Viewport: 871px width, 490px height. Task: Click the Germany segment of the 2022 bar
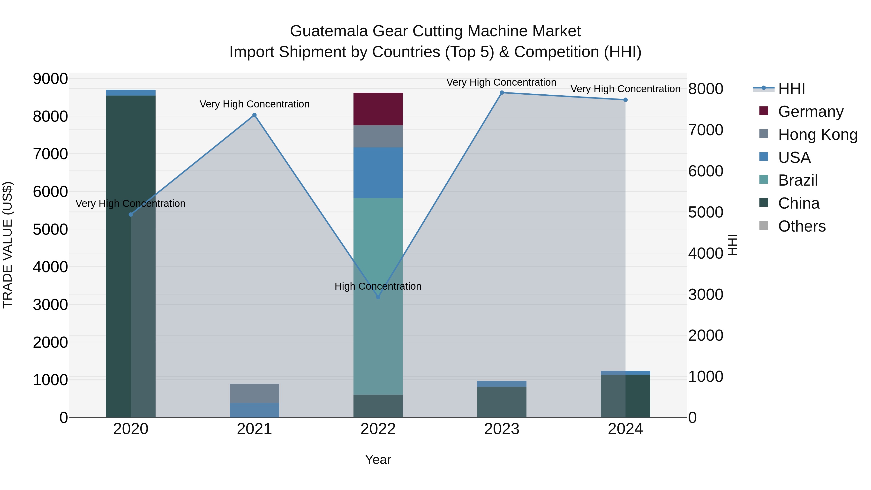point(378,109)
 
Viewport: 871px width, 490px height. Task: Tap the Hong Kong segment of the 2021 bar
point(254,393)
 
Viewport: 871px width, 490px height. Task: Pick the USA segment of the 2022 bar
point(378,173)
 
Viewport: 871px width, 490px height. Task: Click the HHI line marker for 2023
point(502,93)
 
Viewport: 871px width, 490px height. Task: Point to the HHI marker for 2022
point(378,297)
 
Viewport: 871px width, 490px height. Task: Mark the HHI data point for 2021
point(255,115)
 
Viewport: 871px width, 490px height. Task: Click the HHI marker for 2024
point(625,100)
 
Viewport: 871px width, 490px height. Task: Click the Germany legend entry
point(811,111)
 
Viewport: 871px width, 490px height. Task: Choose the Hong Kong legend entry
point(818,134)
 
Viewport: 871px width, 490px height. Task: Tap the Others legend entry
point(802,226)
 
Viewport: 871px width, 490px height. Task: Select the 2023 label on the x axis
point(502,429)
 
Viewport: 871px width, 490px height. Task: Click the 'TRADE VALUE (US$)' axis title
point(8,245)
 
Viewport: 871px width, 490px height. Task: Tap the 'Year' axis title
point(378,460)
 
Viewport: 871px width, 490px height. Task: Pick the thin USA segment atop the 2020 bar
point(131,93)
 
